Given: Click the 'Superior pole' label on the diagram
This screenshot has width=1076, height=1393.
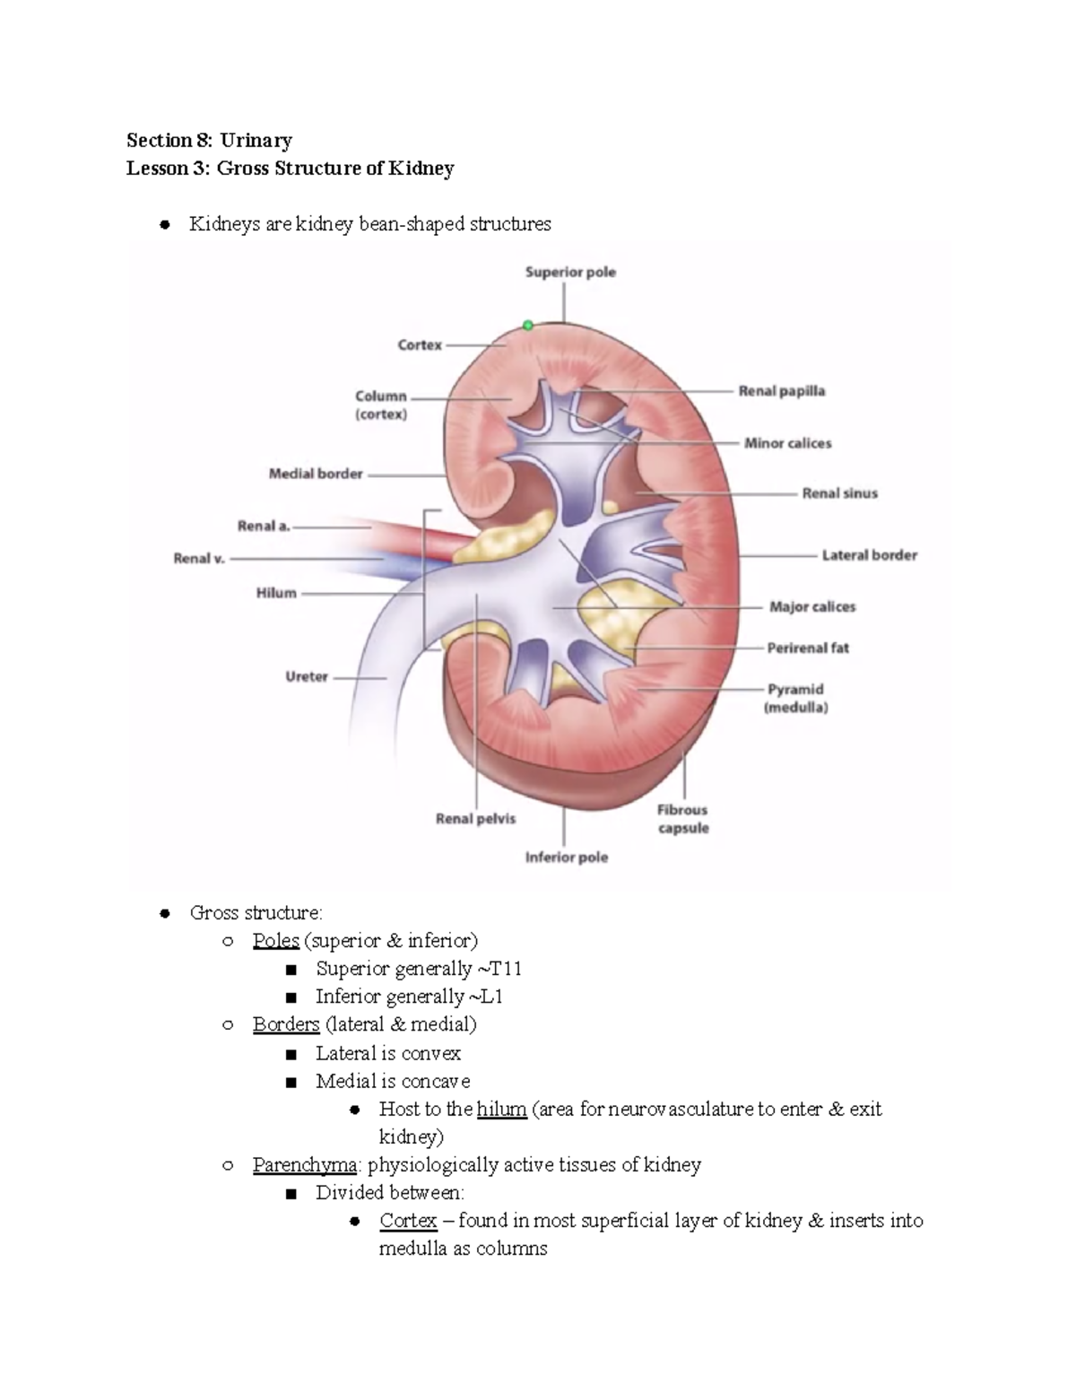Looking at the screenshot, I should click(x=570, y=272).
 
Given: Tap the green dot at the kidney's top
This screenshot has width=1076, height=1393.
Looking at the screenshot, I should click(x=528, y=326).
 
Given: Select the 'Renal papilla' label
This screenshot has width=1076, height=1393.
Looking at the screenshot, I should click(x=781, y=391).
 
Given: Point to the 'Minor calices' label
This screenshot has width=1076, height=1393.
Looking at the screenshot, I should click(x=787, y=443).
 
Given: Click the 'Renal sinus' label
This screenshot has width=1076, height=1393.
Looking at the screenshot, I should click(x=839, y=493).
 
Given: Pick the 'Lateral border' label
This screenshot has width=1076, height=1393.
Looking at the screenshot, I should click(x=869, y=555).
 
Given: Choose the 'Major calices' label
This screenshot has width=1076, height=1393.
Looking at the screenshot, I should click(x=811, y=607).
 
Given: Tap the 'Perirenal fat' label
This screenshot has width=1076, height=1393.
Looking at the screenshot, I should click(x=807, y=648).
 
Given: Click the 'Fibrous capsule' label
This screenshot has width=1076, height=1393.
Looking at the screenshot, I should click(x=682, y=819).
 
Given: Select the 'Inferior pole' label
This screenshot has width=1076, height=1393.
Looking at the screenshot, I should click(x=566, y=858).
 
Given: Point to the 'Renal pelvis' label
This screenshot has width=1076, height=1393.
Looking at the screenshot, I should click(x=475, y=819).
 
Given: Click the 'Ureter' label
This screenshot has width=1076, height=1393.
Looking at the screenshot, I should click(x=307, y=677).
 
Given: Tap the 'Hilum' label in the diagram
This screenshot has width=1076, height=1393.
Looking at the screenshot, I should click(x=276, y=593).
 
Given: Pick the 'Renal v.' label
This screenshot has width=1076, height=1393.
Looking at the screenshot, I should click(x=199, y=558).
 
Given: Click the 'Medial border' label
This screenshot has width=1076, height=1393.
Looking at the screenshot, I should click(x=316, y=474).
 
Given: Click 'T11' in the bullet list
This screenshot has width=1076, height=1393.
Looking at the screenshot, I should click(x=505, y=969).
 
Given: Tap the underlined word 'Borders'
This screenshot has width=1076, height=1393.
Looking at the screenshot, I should click(x=286, y=1024).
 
